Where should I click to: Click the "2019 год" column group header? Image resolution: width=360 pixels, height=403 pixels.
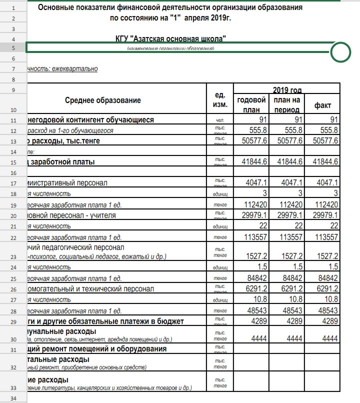287,90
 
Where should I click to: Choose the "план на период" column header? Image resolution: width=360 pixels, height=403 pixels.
286,104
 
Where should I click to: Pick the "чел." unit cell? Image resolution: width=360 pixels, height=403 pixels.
220,120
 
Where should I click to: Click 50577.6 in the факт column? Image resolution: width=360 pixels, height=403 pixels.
325,141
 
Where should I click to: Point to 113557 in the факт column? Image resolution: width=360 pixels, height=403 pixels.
325,236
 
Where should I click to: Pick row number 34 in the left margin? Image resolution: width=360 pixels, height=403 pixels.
13,398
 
